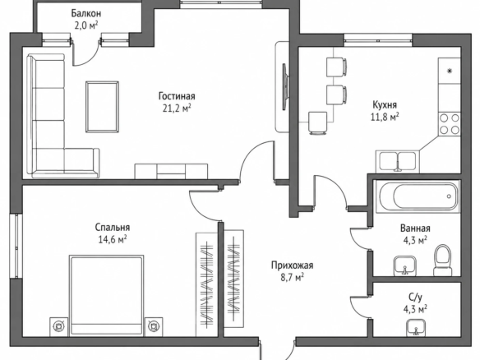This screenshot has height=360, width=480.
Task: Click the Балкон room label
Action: coord(86,13)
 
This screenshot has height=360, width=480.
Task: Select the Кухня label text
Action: coord(385,105)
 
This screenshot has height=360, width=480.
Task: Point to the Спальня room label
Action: coord(113,228)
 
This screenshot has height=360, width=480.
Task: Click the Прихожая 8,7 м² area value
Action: coord(292,278)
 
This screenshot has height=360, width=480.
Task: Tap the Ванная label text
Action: coord(415,228)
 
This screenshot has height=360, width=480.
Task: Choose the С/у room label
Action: coord(415,298)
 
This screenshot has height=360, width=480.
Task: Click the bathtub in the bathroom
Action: coord(418,196)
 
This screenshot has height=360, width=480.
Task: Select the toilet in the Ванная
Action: coord(442,260)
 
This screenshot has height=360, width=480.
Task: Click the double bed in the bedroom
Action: coord(107,295)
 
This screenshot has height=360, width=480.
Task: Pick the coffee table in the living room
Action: coord(102,107)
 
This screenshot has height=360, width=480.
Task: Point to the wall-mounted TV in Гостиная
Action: coord(285,86)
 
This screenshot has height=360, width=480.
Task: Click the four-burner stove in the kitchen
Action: coord(450,124)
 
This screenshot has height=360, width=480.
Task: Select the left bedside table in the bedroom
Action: coord(59,326)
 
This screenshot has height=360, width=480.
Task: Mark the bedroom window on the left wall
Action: coord(16,246)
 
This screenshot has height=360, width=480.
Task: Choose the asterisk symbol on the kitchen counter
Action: coord(450,72)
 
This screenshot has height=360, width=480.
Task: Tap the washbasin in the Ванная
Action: coord(404,265)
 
